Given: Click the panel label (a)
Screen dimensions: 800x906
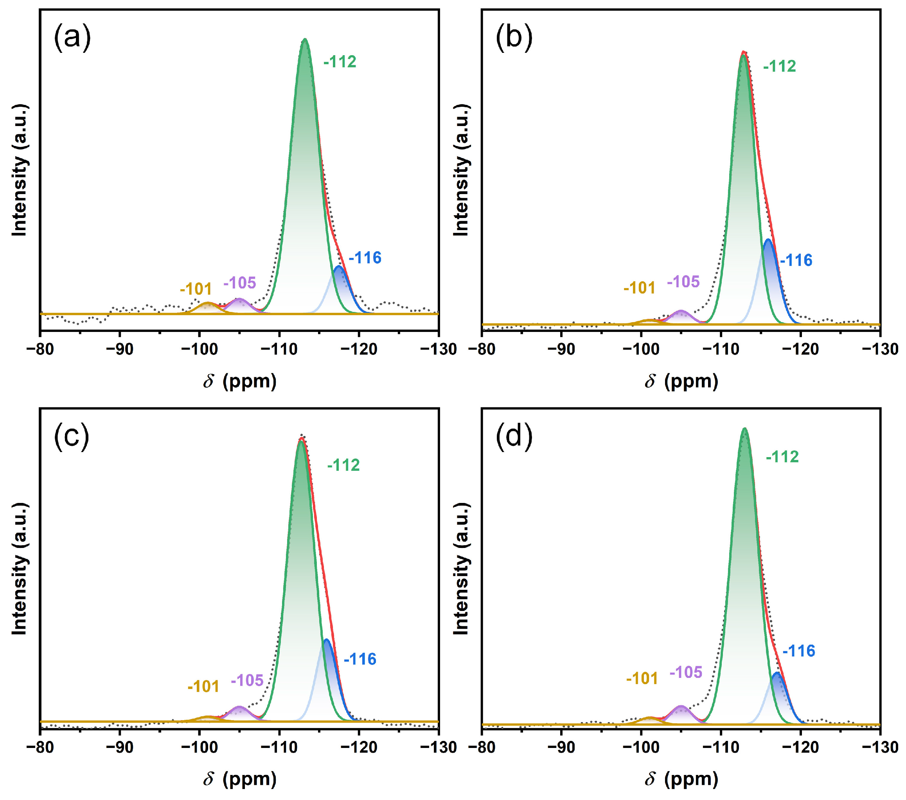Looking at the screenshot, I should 72,37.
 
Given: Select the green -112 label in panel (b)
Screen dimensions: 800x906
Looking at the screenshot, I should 779,67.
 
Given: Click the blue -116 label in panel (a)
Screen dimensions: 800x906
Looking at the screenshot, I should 365,258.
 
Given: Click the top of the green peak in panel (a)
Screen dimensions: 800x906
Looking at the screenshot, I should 304,40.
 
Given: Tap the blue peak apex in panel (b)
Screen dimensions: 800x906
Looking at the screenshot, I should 768,240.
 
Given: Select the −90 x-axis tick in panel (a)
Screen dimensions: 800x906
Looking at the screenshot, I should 120,350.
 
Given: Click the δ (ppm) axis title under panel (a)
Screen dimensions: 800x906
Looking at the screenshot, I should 240,381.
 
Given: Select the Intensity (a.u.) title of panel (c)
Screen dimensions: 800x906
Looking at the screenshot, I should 20,569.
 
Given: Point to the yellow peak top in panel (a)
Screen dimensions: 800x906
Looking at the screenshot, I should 208,303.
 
